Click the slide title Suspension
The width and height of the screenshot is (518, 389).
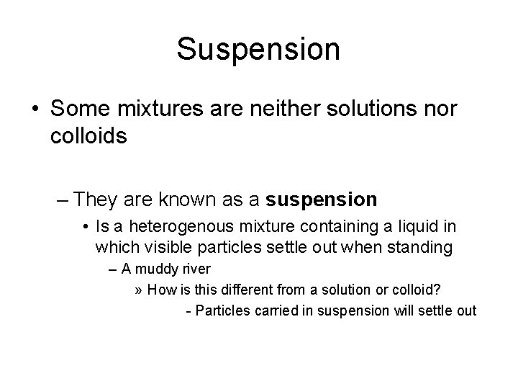258,49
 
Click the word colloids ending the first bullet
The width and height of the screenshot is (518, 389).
89,136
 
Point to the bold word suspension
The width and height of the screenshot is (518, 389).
321,197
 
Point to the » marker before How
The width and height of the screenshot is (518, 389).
139,291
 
